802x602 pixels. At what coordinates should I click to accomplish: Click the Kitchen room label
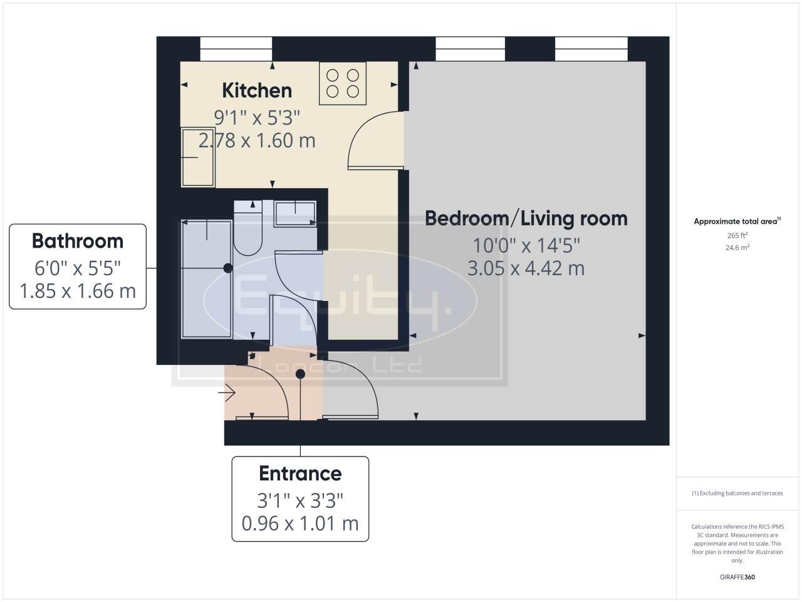point(257,90)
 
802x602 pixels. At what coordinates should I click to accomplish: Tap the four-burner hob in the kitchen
point(343,83)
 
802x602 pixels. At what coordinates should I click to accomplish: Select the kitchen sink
point(198,157)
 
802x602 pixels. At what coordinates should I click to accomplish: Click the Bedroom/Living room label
point(526,218)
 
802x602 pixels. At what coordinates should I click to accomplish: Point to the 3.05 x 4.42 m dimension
point(526,268)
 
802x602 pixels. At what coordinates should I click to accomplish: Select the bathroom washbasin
point(295,213)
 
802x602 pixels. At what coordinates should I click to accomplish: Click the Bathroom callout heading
point(78,241)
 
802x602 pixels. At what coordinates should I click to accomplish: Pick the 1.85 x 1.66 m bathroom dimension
point(78,291)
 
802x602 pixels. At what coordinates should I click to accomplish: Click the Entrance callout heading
point(300,473)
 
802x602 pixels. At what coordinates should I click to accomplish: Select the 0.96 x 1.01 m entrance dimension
point(300,523)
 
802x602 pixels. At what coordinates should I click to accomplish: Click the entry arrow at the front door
point(226,394)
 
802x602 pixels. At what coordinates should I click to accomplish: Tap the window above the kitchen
point(236,49)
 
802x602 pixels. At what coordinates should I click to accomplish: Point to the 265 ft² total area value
point(737,236)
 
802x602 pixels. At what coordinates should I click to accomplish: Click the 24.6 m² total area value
point(737,247)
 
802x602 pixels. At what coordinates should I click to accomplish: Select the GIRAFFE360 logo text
point(737,577)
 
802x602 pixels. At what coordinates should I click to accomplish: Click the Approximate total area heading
point(737,221)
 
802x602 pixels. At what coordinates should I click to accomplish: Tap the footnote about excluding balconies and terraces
point(737,493)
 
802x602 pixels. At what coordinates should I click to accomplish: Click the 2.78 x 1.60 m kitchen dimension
point(257,140)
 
